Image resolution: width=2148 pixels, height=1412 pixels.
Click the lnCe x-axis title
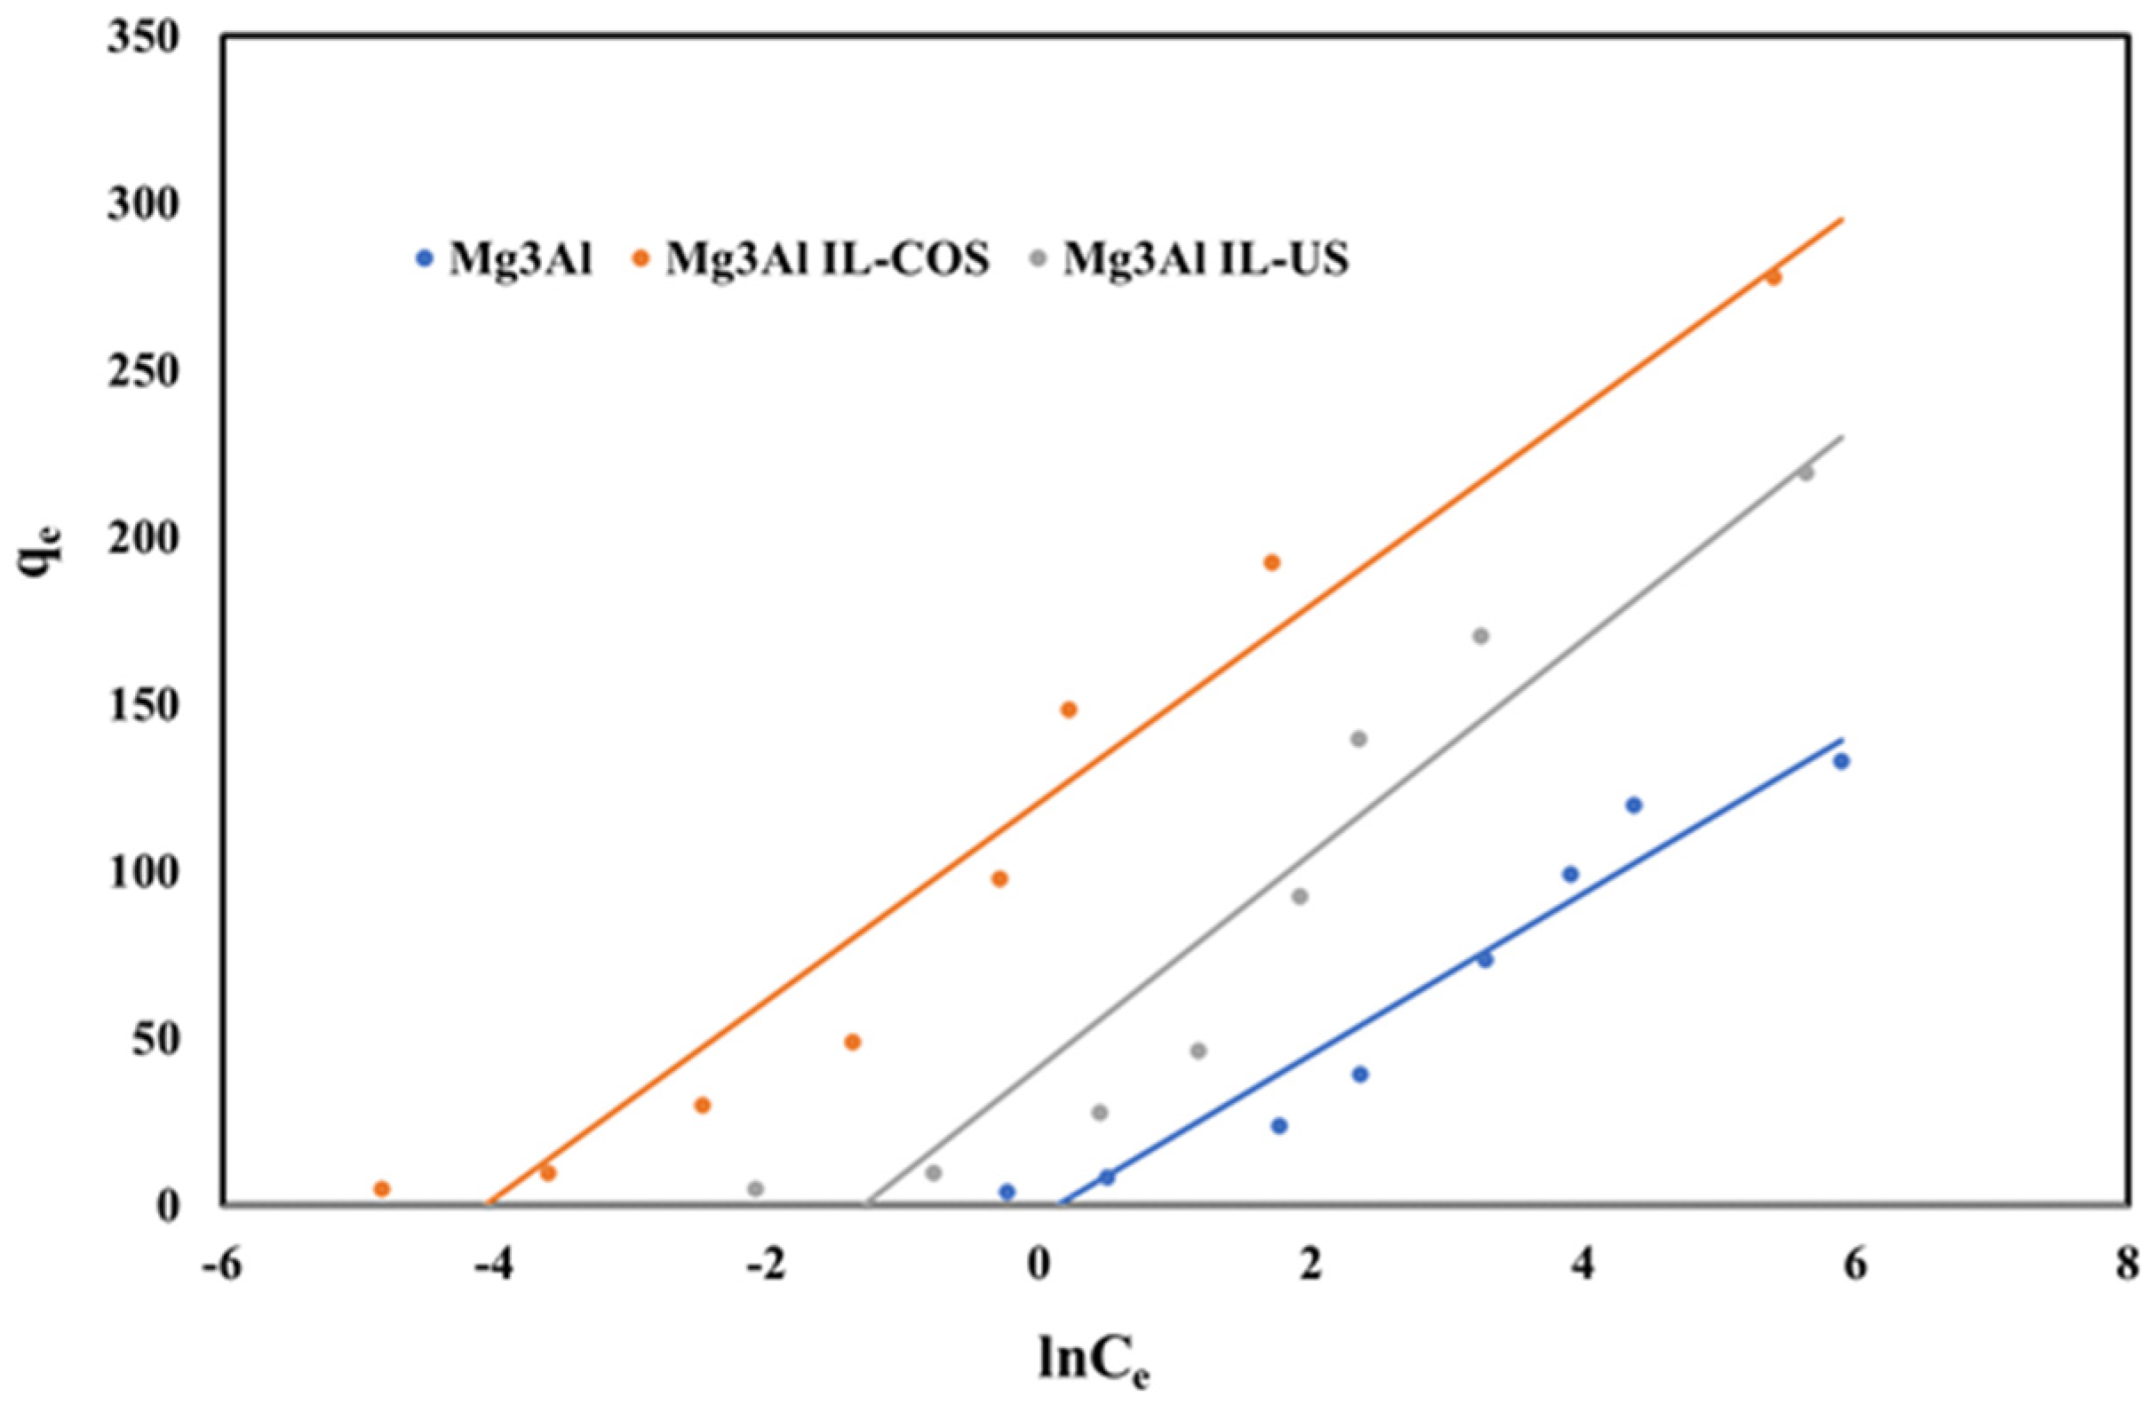[x=1094, y=1361]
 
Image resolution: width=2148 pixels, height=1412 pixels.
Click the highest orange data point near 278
[x=1773, y=278]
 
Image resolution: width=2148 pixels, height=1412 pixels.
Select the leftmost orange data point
[x=382, y=1189]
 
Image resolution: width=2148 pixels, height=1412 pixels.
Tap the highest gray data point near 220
[x=1806, y=472]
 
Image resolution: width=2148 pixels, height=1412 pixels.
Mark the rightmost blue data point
[x=1842, y=761]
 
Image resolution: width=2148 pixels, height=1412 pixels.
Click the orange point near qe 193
[x=1271, y=563]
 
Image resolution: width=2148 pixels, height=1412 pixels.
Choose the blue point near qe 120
[x=1634, y=805]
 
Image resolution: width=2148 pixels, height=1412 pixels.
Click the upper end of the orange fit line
[x=1842, y=218]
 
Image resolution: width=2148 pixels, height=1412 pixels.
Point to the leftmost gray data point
[x=756, y=1188]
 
